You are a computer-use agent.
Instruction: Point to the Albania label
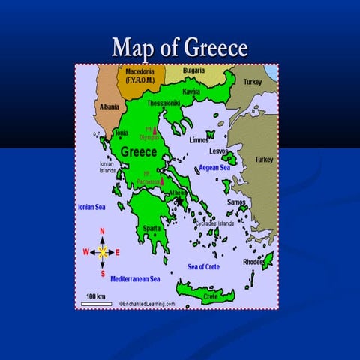(109, 107)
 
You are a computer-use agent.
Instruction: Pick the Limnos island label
(199, 139)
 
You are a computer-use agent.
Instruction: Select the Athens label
(178, 193)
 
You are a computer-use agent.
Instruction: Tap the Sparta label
(151, 228)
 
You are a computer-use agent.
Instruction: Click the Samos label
(237, 202)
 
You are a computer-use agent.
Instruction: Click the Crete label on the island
(211, 296)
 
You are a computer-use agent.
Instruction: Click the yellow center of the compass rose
(103, 252)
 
